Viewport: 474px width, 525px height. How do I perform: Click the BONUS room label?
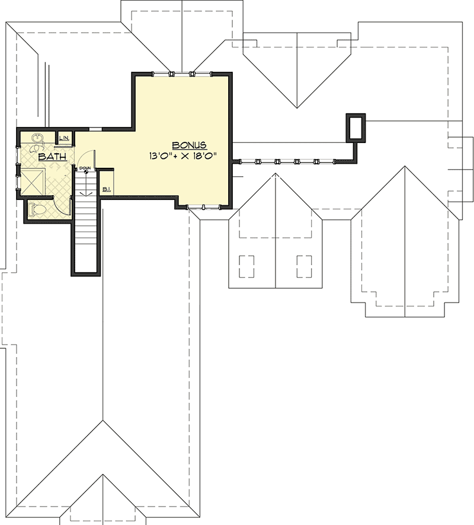coord(190,145)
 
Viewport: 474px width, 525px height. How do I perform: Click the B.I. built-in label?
coord(107,189)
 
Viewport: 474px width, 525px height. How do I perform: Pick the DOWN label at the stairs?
coord(85,168)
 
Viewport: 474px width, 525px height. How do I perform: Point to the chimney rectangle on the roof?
coord(356,128)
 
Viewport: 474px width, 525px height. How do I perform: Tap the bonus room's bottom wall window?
coord(203,206)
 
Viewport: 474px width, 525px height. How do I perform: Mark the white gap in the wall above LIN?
coord(96,127)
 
